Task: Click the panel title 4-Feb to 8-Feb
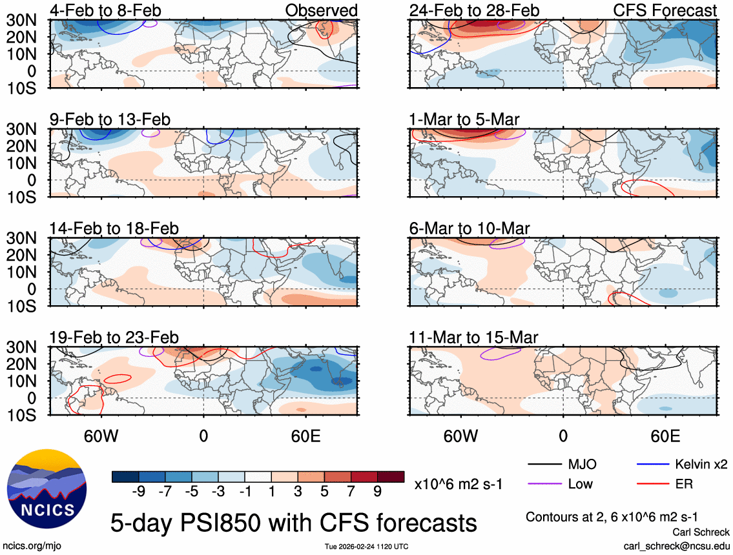coord(106,10)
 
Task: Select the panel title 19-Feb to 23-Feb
coord(114,338)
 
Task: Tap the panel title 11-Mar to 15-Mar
coord(473,338)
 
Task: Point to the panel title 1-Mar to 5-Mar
coord(464,119)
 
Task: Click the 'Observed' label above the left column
coord(321,10)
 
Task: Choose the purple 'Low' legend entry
coord(579,483)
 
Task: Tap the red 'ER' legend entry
coord(683,483)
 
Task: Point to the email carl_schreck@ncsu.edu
coord(677,545)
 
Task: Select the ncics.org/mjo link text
coord(28,545)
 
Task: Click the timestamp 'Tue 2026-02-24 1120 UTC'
coord(366,547)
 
